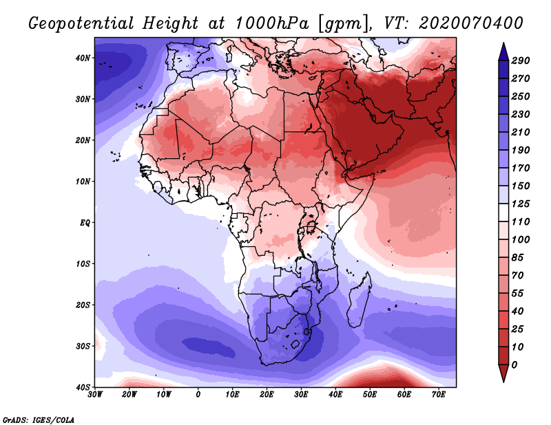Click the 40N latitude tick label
[83, 58]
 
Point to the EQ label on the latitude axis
[85, 223]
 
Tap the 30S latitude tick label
[83, 347]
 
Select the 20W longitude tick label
[129, 395]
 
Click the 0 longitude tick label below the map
[198, 395]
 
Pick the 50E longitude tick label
[370, 395]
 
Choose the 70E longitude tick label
[439, 395]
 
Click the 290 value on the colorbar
[521, 61]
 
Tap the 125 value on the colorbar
[521, 204]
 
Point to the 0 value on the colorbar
[514, 365]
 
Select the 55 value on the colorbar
[517, 294]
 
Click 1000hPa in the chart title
[272, 23]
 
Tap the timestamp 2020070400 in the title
[471, 23]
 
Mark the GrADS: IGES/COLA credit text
[39, 420]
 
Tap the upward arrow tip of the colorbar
[503, 43]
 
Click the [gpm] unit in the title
[342, 24]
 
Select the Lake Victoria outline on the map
[311, 228]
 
